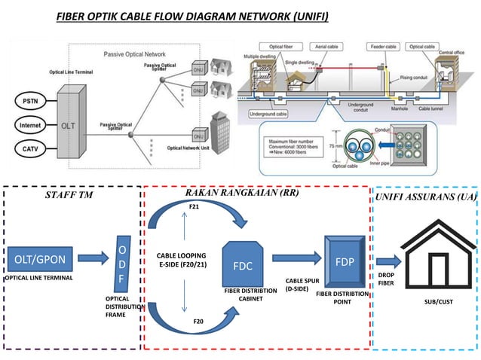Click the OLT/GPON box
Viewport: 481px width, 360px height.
pyautogui.click(x=40, y=260)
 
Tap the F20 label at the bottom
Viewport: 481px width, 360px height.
pyautogui.click(x=198, y=321)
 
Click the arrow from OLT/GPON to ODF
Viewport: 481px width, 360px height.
pyautogui.click(x=93, y=261)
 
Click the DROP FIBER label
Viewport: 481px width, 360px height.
pyautogui.click(x=385, y=280)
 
